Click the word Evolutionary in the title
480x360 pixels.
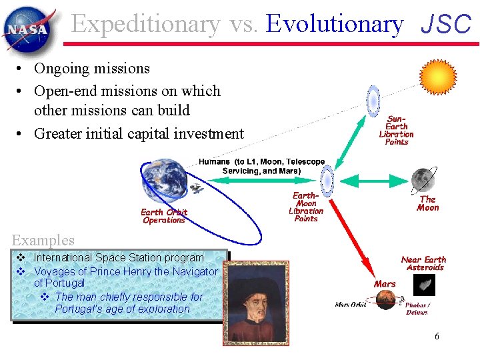334,24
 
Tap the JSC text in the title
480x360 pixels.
446,25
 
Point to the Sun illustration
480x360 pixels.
437,76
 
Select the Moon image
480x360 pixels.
423,179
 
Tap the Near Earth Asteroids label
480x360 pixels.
423,263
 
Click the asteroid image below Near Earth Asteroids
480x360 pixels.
424,285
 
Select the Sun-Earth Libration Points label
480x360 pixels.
396,130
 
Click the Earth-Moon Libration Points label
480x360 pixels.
306,207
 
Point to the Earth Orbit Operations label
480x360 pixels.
164,216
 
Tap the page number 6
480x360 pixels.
437,337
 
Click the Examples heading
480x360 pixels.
43,240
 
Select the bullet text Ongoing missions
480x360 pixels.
91,68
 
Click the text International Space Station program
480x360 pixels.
119,257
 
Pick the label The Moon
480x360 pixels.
427,203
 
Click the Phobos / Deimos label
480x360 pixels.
417,308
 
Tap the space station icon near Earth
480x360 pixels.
196,189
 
